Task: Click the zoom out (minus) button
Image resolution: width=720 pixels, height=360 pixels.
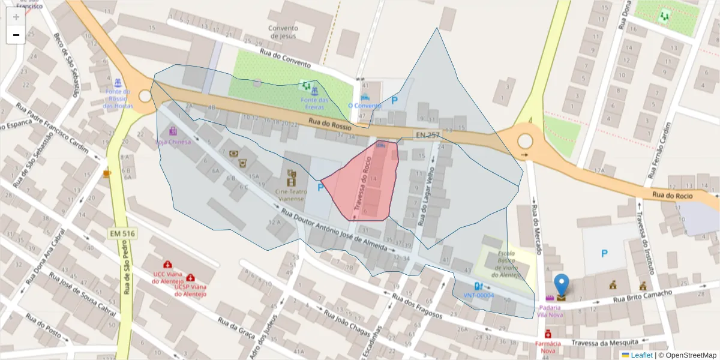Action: (16, 35)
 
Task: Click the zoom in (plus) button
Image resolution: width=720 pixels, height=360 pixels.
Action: (16, 16)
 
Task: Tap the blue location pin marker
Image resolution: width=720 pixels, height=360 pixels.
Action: (562, 286)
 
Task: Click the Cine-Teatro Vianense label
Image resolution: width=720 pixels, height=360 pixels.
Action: (290, 194)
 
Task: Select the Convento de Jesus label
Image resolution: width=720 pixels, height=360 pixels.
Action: (283, 32)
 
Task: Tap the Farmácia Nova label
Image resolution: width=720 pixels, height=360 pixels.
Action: (548, 347)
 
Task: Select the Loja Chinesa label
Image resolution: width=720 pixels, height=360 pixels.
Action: (173, 142)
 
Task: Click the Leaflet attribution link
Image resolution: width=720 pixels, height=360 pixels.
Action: (641, 355)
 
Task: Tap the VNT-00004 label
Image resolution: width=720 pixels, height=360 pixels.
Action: (478, 295)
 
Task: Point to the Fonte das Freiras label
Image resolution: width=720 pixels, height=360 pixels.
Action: (314, 103)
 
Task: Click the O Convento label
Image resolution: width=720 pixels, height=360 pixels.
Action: (364, 106)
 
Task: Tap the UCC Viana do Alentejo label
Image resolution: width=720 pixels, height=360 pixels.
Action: (167, 277)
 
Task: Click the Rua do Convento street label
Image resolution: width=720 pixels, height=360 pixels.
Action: (284, 58)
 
